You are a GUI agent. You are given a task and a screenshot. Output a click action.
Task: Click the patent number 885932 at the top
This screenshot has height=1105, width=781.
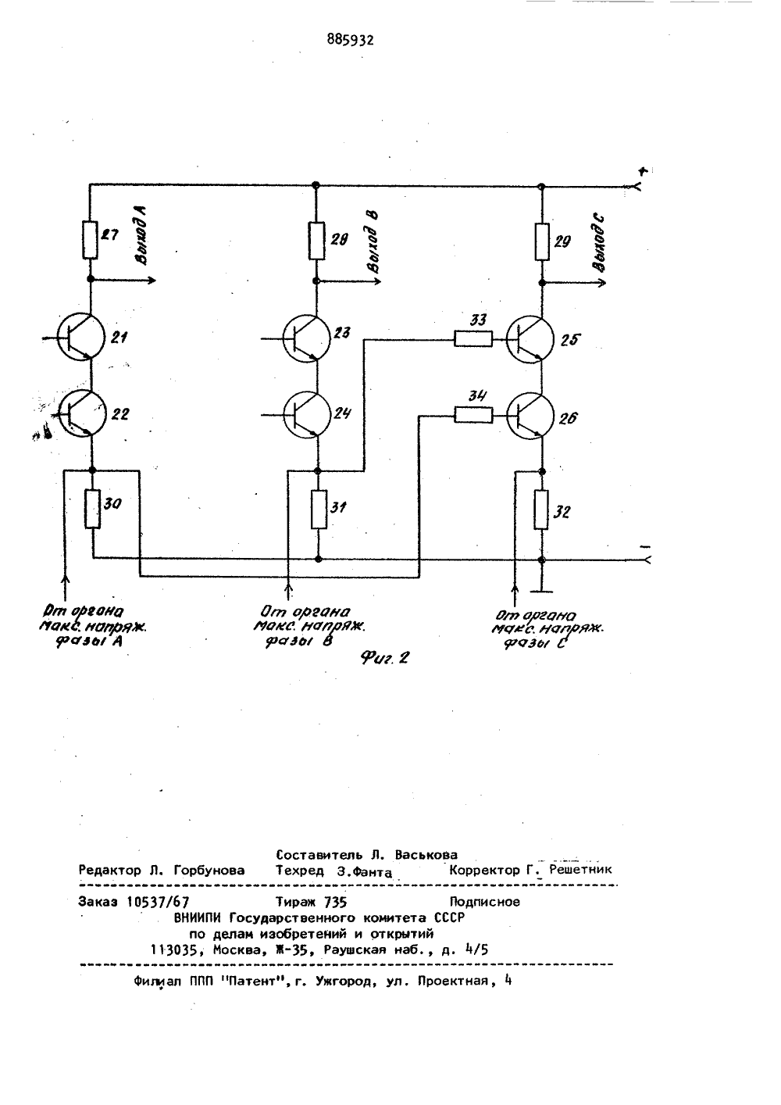350,40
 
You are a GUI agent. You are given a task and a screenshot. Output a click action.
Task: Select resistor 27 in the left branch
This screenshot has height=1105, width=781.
90,240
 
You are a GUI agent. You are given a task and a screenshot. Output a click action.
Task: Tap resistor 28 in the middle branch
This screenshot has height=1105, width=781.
316,241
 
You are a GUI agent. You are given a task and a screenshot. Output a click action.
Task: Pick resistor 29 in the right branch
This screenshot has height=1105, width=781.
542,241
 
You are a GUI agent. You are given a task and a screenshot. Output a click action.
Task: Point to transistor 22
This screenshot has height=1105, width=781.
82,413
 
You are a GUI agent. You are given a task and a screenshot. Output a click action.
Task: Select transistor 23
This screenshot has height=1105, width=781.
306,338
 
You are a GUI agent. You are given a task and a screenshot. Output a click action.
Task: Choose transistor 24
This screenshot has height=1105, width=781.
307,414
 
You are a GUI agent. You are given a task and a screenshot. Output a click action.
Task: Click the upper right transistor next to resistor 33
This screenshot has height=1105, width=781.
530,339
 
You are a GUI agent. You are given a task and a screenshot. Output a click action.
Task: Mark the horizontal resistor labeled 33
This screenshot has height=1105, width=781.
473,339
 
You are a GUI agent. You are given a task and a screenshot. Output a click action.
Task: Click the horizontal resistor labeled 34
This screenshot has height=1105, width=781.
473,415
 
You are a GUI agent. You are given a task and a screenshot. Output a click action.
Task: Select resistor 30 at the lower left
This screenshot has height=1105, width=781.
93,509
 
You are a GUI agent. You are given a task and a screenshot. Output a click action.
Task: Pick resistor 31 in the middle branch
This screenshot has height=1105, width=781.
319,510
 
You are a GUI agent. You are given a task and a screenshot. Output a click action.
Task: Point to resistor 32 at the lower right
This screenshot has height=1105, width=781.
541,510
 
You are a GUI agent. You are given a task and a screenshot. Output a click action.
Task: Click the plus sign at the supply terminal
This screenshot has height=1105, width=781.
643,171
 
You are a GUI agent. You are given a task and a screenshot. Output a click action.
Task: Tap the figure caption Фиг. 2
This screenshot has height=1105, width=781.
385,657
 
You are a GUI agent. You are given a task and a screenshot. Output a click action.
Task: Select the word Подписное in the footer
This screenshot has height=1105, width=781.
485,902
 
